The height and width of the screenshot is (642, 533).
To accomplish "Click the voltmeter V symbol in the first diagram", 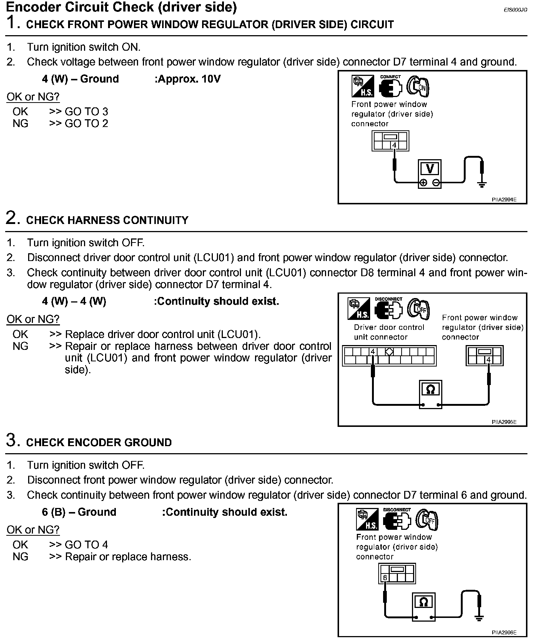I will point(430,169).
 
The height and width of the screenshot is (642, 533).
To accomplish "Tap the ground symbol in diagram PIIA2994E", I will point(481,184).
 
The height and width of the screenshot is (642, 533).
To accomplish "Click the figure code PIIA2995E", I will point(504,422).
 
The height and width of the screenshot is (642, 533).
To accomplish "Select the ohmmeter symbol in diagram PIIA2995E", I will point(430,389).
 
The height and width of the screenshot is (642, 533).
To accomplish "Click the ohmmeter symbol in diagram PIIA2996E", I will point(423,602).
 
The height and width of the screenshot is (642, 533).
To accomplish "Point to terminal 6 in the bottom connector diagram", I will point(385,578).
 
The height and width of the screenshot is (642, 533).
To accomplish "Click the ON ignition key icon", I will point(418,87).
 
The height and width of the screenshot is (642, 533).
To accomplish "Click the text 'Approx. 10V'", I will point(188,79).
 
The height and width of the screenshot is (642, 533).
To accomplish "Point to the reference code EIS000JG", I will point(515,10).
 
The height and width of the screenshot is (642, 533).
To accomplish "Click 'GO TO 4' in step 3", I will point(86,545).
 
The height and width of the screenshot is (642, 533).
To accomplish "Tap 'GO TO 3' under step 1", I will point(86,111).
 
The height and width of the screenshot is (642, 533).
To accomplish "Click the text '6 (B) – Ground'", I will point(79,512).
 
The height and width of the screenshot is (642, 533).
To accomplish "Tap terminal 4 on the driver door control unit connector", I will point(373,352).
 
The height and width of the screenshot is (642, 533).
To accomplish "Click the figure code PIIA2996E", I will point(504,633).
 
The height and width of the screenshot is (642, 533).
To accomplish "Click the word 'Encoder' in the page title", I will point(29,7).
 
